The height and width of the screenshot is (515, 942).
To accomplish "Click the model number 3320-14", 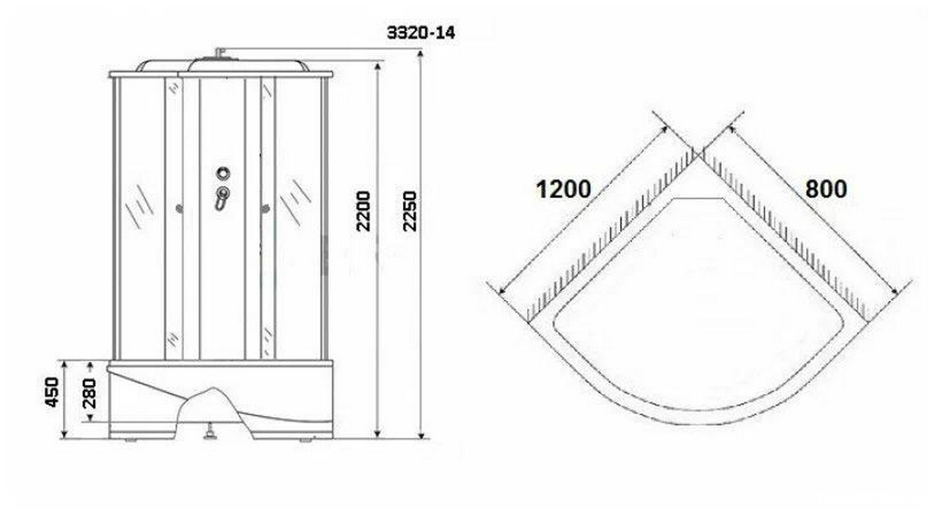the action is [x=421, y=33].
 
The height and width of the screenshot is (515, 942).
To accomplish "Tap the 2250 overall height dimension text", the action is [x=409, y=211].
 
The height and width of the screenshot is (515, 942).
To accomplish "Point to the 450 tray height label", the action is [x=51, y=392].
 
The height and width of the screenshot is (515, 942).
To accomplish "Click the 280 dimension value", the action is [x=89, y=394].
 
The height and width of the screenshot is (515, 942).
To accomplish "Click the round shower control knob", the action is [x=223, y=173].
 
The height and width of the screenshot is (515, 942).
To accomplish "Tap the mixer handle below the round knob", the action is [x=222, y=198].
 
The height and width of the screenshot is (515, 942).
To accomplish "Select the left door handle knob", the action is [x=180, y=209].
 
